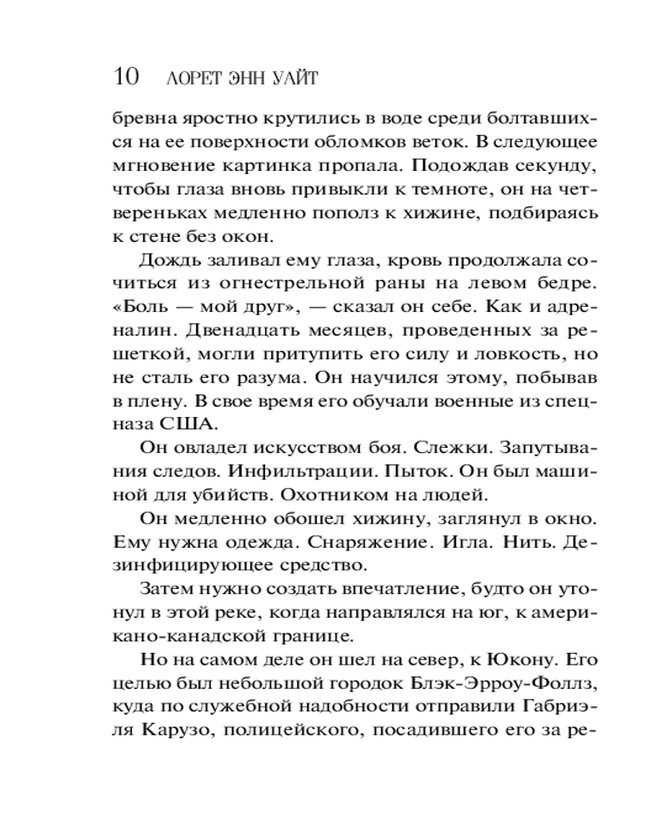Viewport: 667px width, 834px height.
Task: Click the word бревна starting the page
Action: [143, 119]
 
